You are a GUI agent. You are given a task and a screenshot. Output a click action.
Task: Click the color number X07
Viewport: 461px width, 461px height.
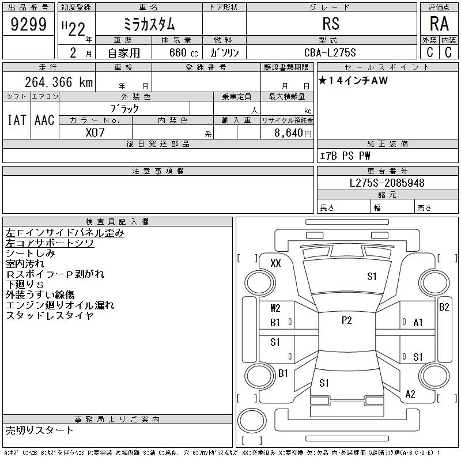(x=95, y=132)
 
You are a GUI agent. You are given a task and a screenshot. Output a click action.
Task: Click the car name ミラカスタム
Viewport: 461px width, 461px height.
(x=149, y=24)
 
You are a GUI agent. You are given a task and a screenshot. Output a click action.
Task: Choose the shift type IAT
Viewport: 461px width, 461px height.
(x=16, y=120)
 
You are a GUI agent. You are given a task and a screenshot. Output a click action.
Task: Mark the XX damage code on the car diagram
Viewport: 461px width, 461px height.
(x=275, y=263)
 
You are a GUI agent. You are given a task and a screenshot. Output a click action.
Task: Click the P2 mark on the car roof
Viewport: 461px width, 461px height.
(x=346, y=320)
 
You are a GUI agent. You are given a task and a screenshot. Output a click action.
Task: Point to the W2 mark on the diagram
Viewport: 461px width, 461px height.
(x=275, y=308)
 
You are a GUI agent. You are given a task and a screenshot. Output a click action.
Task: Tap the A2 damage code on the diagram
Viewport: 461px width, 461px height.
(x=410, y=394)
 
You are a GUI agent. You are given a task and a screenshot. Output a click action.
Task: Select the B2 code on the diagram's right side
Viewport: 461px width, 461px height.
(x=444, y=307)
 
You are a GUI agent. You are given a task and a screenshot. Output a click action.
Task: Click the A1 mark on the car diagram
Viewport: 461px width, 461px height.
(x=418, y=323)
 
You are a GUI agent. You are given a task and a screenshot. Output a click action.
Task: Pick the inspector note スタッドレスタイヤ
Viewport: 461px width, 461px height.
(x=50, y=315)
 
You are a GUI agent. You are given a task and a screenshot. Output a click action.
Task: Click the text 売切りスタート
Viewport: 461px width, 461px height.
(x=39, y=430)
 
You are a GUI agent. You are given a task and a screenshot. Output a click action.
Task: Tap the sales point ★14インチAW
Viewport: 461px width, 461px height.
(x=353, y=81)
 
